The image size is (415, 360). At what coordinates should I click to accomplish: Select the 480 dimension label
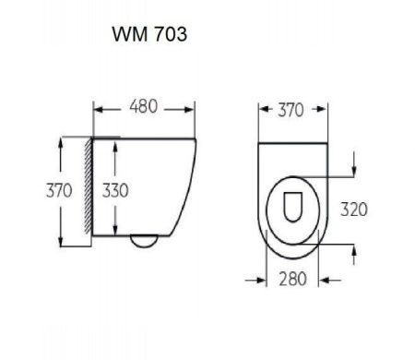pyautogui.click(x=143, y=107)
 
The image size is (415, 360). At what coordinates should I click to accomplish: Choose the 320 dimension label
pyautogui.click(x=352, y=209)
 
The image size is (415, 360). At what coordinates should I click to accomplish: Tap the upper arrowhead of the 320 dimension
pyautogui.click(x=355, y=173)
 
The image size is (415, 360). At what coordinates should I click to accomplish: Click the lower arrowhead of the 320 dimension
pyautogui.click(x=355, y=247)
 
